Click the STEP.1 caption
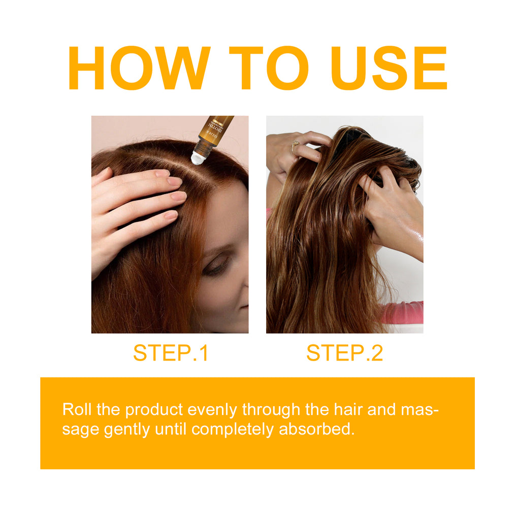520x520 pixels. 171,353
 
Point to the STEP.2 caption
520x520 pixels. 345,353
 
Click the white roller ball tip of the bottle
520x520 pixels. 199,158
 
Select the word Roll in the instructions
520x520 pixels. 74,409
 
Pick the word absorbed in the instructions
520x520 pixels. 316,430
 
